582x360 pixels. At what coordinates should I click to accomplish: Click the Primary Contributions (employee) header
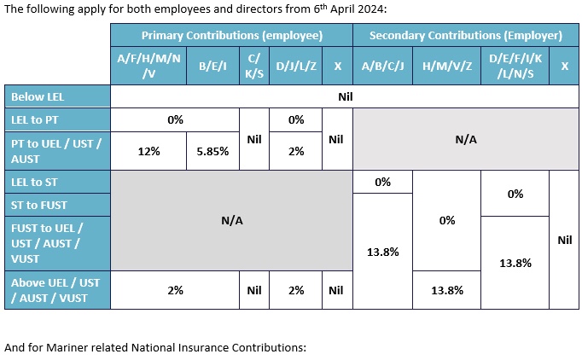pyautogui.click(x=231, y=36)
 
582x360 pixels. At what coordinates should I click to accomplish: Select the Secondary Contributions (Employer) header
pyautogui.click(x=465, y=36)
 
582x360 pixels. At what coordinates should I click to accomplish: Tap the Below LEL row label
pyautogui.click(x=38, y=96)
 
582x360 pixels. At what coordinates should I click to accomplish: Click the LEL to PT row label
pyautogui.click(x=34, y=120)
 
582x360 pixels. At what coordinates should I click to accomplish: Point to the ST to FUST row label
pyautogui.click(x=39, y=205)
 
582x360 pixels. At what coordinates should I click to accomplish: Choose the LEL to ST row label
pyautogui.click(x=34, y=181)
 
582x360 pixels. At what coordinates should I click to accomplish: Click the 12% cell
pyautogui.click(x=148, y=151)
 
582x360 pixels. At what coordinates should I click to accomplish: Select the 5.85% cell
pyautogui.click(x=212, y=151)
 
